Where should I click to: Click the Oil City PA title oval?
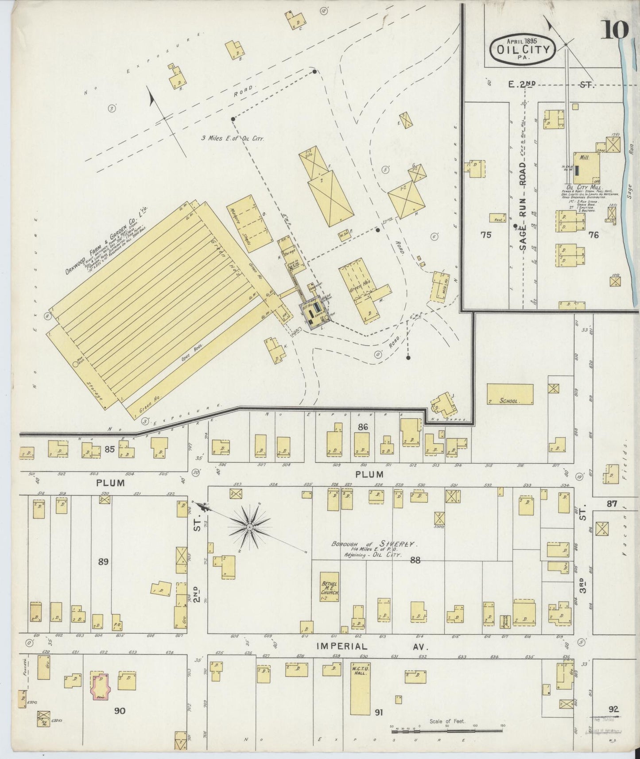coord(522,50)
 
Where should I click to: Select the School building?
coord(510,395)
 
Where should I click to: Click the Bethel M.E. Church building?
coord(330,587)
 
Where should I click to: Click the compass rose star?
coord(249,527)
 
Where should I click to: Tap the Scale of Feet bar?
coord(448,727)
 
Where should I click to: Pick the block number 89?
coord(103,562)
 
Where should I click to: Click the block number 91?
coord(378,713)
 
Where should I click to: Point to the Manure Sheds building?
coord(250,224)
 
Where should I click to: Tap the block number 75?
coord(486,235)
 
